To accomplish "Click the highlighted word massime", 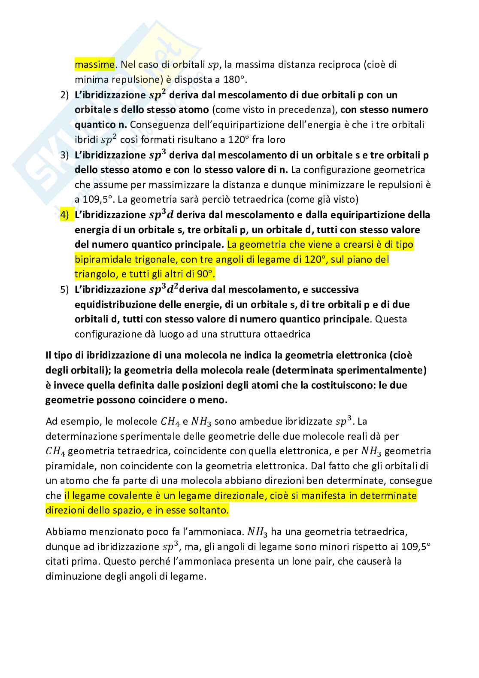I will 94,65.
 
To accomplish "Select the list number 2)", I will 64,95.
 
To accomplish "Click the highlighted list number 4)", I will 64,215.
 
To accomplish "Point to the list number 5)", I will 64,290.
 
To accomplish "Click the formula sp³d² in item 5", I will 164,289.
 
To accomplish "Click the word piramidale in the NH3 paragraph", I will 70,466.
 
